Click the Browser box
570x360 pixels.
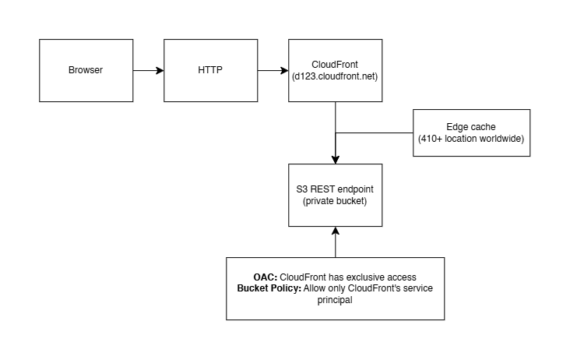86,71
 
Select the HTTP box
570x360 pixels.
211,71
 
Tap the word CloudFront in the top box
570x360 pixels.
335,65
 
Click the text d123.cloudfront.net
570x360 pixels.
335,76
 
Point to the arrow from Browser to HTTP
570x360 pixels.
149,71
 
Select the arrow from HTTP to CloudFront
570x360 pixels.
273,71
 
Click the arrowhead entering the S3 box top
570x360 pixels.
336,160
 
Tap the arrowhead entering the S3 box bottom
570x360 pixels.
336,231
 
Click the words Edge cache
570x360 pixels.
471,127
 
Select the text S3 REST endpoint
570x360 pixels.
335,189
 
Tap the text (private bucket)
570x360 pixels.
335,201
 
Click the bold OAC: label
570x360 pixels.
266,277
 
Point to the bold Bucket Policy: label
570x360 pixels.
269,288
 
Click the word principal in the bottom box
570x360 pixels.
335,300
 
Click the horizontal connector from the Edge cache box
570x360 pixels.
375,132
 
